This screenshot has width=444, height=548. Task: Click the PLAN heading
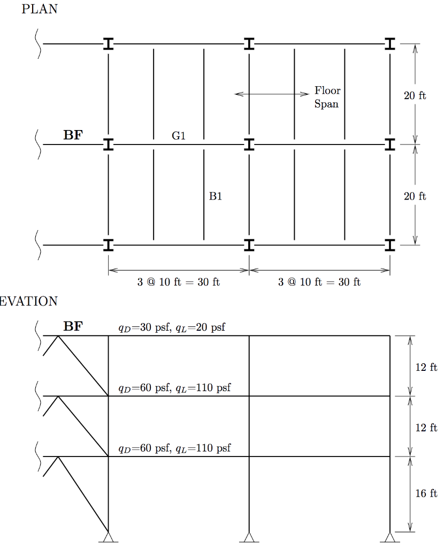point(40,9)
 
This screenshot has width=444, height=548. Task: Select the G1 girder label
point(179,136)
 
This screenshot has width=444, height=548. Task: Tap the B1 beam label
point(216,196)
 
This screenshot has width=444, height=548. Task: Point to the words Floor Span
point(327,97)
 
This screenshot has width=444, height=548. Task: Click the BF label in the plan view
point(73,135)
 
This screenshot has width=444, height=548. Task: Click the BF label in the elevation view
point(73,326)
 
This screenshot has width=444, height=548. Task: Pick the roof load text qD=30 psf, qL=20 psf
point(172,328)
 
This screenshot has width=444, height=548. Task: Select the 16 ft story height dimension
point(426,493)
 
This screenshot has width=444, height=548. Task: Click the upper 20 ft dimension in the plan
point(415,96)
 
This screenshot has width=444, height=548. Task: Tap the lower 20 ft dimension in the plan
point(415,196)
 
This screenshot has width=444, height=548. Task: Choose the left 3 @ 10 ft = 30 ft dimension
point(179,282)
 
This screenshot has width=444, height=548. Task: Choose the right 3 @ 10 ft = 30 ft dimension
point(319,282)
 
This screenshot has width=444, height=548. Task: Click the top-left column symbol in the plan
point(109,44)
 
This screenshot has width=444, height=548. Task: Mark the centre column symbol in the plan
point(249,144)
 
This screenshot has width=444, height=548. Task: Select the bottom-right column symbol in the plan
point(390,245)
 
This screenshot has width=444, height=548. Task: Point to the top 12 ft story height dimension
point(426,367)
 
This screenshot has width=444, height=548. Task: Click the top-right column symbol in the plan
point(390,44)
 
